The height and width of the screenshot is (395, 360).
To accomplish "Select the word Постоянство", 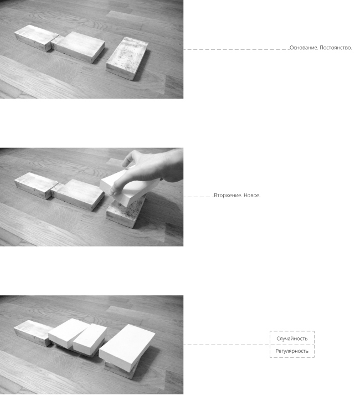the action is [x=336, y=48].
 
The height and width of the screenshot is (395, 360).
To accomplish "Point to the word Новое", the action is [x=252, y=195].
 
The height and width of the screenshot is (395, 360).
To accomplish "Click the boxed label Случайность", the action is [x=292, y=338].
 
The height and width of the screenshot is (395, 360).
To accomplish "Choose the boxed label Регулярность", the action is [x=292, y=351].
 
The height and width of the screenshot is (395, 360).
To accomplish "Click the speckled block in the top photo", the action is [x=127, y=59].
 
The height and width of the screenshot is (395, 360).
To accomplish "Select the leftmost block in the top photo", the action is [x=36, y=38].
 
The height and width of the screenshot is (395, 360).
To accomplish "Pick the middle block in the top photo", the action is [x=78, y=47].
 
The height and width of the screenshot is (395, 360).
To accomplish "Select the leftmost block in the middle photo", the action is [x=36, y=186].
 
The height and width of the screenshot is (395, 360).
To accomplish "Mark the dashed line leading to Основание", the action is [x=236, y=49].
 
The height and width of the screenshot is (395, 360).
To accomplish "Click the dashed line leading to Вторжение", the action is [x=198, y=197].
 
